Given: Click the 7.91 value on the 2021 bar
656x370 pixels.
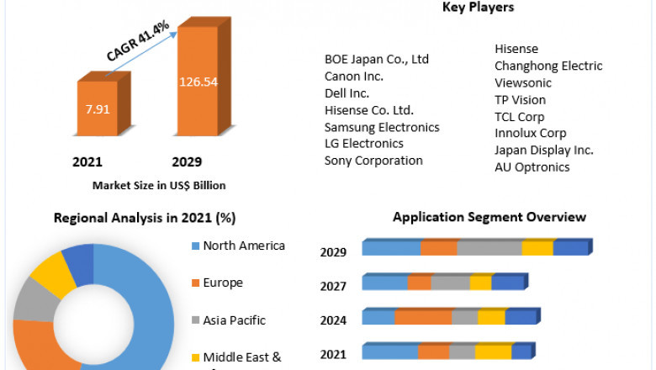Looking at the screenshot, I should pyautogui.click(x=98, y=108).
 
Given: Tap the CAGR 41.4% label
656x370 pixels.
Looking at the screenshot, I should pyautogui.click(x=138, y=41).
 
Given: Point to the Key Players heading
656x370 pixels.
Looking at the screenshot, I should pyautogui.click(x=478, y=8).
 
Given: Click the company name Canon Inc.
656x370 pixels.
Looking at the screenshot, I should pyautogui.click(x=354, y=76).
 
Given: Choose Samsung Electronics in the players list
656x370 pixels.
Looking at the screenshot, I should pyautogui.click(x=382, y=127).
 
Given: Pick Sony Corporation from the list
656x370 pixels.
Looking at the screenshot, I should pyautogui.click(x=373, y=161).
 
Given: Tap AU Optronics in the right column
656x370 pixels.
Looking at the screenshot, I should pyautogui.click(x=532, y=166).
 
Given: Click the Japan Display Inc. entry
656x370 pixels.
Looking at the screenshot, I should pyautogui.click(x=543, y=150).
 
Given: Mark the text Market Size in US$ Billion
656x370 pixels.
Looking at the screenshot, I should pyautogui.click(x=159, y=185).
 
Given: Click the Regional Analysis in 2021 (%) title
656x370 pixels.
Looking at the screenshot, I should pyautogui.click(x=145, y=218).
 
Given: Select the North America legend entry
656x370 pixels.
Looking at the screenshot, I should pyautogui.click(x=243, y=246).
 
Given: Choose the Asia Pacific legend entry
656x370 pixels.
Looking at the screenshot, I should pyautogui.click(x=234, y=320).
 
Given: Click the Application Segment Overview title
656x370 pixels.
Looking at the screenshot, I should pyautogui.click(x=489, y=217).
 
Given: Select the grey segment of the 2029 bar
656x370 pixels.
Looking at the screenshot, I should pyautogui.click(x=489, y=248).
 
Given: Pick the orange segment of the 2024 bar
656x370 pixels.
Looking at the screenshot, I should pyautogui.click(x=423, y=317).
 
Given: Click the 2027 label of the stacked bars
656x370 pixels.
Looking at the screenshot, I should pyautogui.click(x=333, y=287).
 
